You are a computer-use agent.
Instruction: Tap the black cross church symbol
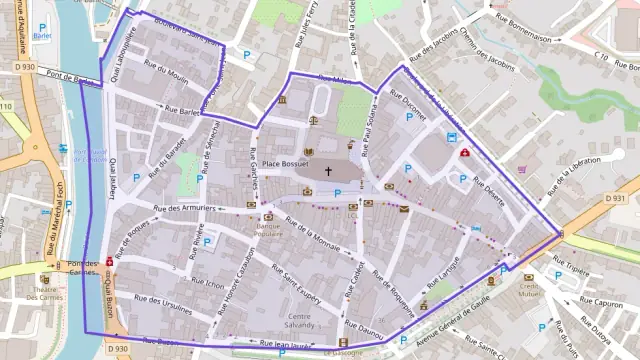(x=327, y=171)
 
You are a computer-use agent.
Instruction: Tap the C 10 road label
(x=601, y=55)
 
